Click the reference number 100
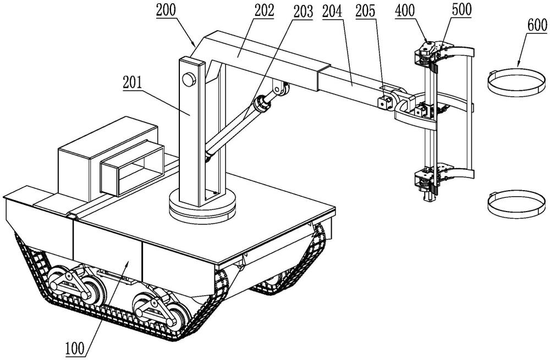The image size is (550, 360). (75, 348)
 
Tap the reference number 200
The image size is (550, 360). (166, 10)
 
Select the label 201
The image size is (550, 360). (132, 83)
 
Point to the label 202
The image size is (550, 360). (264, 10)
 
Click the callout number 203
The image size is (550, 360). (303, 12)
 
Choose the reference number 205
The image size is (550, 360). (365, 11)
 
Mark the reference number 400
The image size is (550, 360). (405, 10)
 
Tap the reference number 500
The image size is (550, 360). (461, 9)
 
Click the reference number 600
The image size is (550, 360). (537, 25)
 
